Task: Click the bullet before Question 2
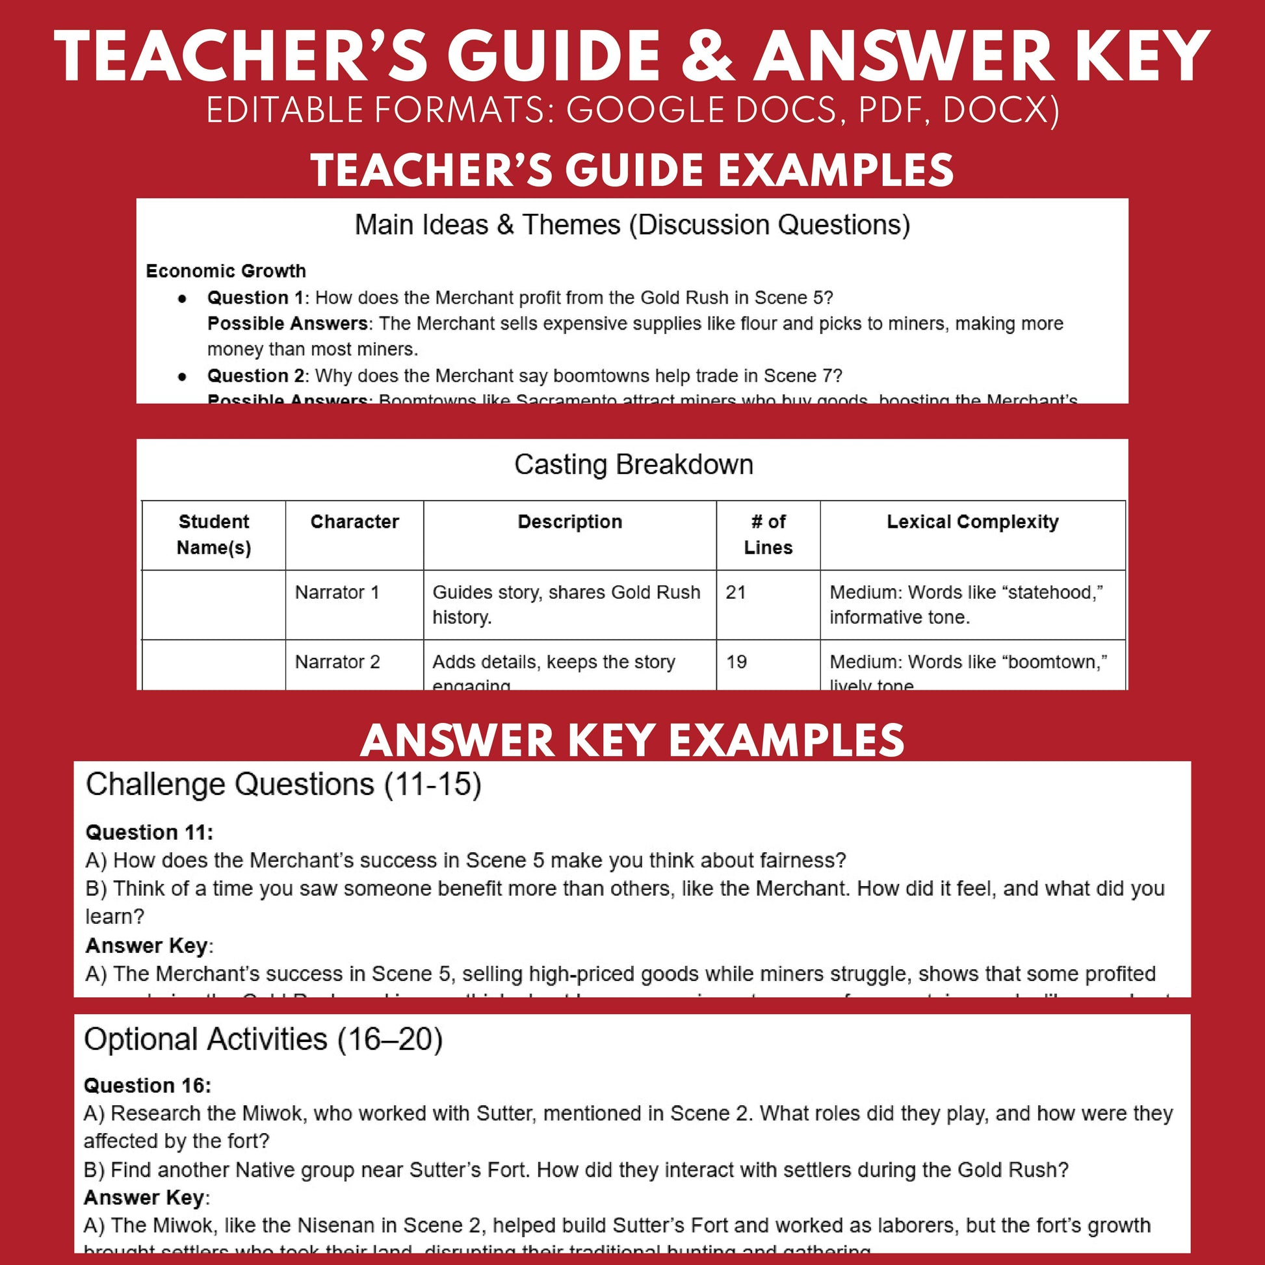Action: coord(183,376)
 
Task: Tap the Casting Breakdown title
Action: coord(633,465)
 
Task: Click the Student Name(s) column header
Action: coord(213,534)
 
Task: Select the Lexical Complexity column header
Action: coord(972,522)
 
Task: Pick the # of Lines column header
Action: coord(768,534)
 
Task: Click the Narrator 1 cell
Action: coord(337,593)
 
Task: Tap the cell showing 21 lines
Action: coord(736,593)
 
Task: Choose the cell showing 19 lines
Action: coord(737,662)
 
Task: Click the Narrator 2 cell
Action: coord(337,662)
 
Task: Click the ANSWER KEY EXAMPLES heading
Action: coord(632,740)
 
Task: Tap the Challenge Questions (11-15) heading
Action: coord(283,785)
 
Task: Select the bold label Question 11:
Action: coord(150,833)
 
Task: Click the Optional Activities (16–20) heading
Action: coord(263,1040)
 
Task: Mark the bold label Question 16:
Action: coord(148,1086)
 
